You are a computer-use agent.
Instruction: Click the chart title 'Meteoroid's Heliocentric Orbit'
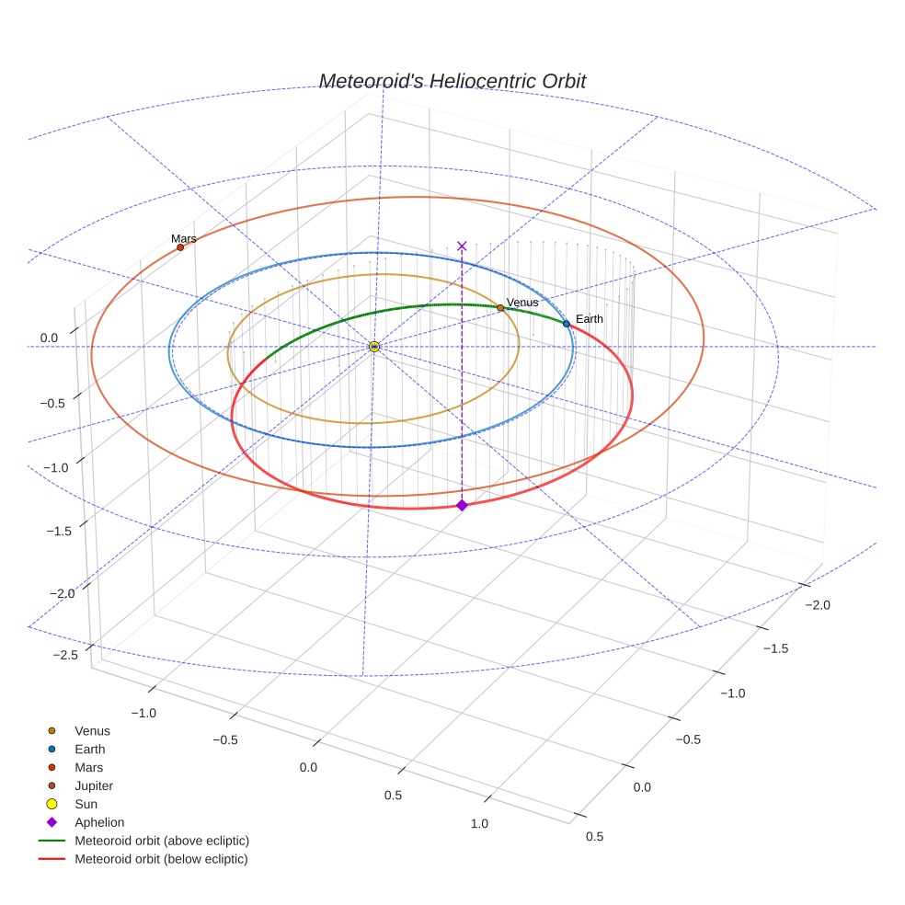coord(452,82)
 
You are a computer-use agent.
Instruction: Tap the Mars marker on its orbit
coord(180,247)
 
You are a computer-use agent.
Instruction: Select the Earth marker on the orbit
coord(567,324)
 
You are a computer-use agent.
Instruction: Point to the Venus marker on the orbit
coord(500,307)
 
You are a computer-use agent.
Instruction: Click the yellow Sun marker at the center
coord(374,346)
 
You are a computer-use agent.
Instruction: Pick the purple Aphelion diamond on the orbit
coord(462,505)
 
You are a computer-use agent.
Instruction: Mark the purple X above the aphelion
coord(462,246)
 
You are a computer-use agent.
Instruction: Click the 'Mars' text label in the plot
coord(183,238)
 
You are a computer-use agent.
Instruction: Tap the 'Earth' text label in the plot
coord(589,319)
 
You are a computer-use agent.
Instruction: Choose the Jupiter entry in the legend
coord(94,785)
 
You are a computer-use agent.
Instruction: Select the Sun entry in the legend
coord(86,804)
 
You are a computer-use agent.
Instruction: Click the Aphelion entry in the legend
coord(99,822)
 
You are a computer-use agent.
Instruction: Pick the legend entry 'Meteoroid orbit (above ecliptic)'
coord(162,841)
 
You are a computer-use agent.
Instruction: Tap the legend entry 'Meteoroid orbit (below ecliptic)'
coord(161,859)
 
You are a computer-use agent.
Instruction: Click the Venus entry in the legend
coord(92,731)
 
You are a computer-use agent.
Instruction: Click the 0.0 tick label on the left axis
coord(49,338)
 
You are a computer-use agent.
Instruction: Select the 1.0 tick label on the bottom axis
coord(479,823)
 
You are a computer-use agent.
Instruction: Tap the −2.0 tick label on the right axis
coord(817,604)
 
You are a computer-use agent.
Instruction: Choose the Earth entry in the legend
coord(90,750)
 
